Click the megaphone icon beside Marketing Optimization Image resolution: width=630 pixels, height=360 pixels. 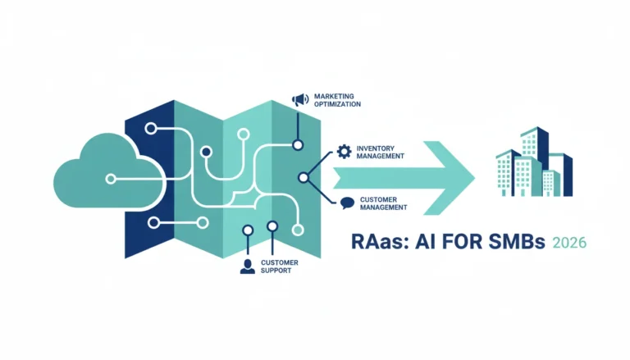click(x=300, y=100)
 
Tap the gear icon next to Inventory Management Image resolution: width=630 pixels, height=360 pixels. click(x=344, y=152)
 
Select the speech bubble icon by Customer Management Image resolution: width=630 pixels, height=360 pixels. click(x=348, y=203)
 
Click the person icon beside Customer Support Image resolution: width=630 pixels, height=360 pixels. click(x=248, y=267)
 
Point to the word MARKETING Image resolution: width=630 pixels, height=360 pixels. click(x=334, y=97)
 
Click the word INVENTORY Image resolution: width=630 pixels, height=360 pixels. click(x=375, y=148)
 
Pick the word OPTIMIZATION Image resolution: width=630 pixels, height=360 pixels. click(x=337, y=104)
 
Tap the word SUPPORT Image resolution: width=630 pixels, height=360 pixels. click(x=276, y=271)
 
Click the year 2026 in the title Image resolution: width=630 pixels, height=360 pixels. click(x=569, y=243)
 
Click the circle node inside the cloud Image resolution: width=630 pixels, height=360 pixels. click(x=111, y=179)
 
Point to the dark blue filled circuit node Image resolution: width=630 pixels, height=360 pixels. click(x=206, y=152)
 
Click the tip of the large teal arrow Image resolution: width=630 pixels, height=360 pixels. click(x=474, y=178)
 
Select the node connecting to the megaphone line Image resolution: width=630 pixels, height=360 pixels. click(x=298, y=145)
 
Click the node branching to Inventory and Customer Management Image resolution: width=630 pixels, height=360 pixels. click(x=304, y=177)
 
